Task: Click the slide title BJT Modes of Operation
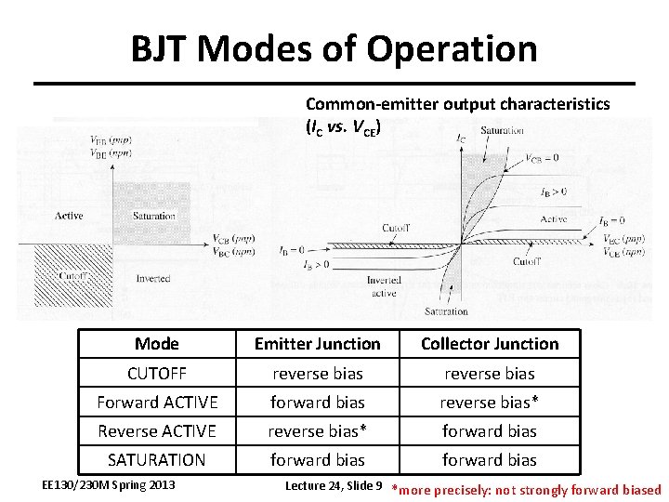click(x=334, y=48)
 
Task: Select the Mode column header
click(x=157, y=344)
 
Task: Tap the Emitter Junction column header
click(x=318, y=344)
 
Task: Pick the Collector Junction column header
click(x=490, y=344)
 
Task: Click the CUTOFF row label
click(x=157, y=374)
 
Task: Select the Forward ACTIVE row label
click(x=157, y=403)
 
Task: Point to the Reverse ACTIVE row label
click(x=157, y=431)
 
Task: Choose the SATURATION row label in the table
click(x=157, y=460)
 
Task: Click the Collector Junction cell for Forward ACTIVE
click(x=490, y=403)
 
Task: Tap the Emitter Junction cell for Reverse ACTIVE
click(x=318, y=431)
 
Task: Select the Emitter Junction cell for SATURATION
click(x=318, y=460)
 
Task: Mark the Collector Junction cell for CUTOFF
click(x=490, y=374)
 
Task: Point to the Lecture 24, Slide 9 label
click(x=334, y=485)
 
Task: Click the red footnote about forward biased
click(x=528, y=490)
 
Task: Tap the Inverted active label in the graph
click(x=384, y=286)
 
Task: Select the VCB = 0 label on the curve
click(x=542, y=158)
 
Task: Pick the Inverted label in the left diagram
click(x=153, y=278)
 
